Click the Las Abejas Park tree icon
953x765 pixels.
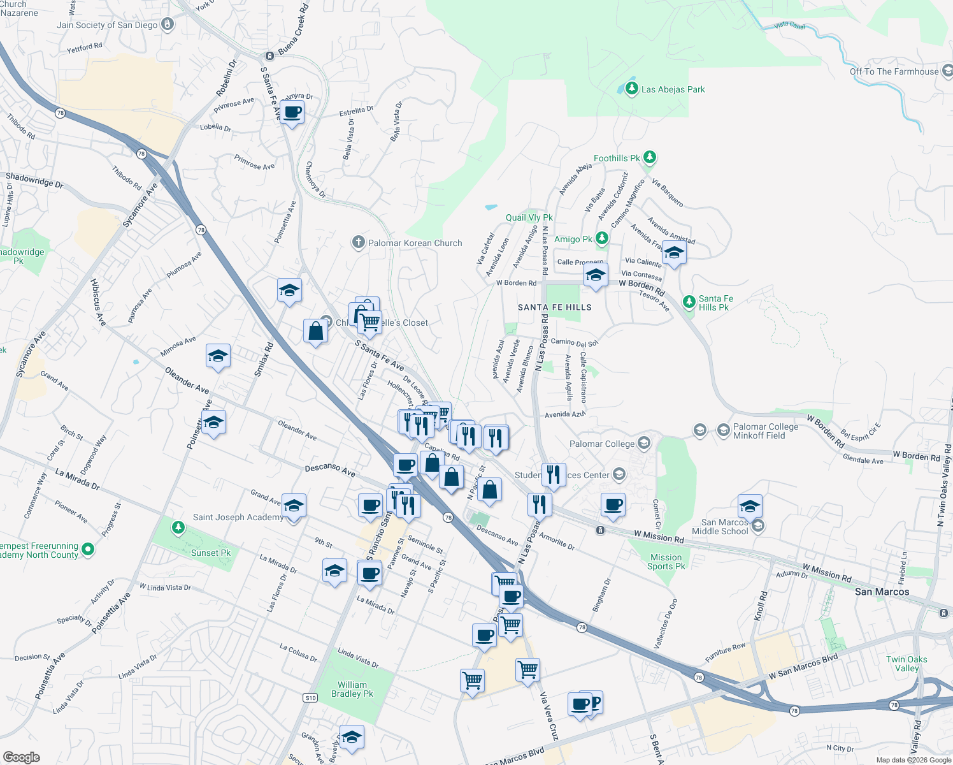[x=631, y=89]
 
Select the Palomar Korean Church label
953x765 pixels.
[x=415, y=243]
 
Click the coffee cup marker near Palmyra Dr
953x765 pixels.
[x=292, y=113]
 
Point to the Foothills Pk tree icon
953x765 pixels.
[x=649, y=157]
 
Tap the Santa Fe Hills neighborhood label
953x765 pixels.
[x=554, y=307]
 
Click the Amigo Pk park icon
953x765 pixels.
[x=601, y=238]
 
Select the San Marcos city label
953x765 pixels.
[x=882, y=592]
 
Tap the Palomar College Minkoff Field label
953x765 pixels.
[x=765, y=431]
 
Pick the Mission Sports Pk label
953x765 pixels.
[x=666, y=562]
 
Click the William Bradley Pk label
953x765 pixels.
[x=352, y=689]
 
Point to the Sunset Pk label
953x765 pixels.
[x=211, y=553]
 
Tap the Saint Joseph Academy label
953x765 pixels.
[x=238, y=517]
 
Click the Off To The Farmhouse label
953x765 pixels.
[x=894, y=71]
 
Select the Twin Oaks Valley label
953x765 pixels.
[x=906, y=664]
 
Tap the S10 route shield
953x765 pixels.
[x=310, y=698]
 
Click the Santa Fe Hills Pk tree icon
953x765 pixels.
[x=688, y=302]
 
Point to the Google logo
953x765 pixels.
[x=22, y=757]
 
